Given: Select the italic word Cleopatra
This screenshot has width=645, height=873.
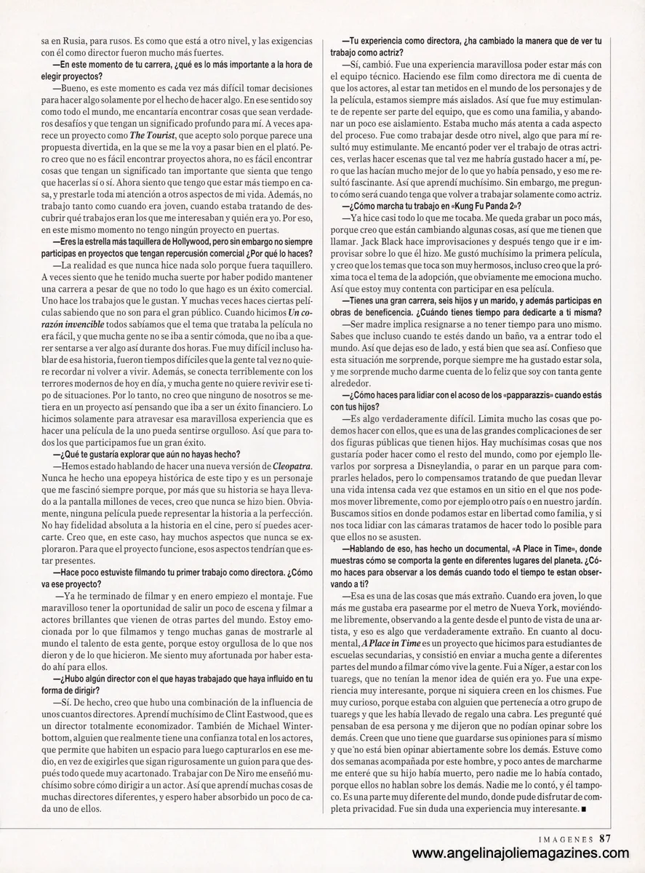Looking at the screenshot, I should (x=294, y=466).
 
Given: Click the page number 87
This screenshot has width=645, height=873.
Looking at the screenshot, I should (x=605, y=837).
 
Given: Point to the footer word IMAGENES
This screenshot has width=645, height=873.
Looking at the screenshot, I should (x=564, y=837).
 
